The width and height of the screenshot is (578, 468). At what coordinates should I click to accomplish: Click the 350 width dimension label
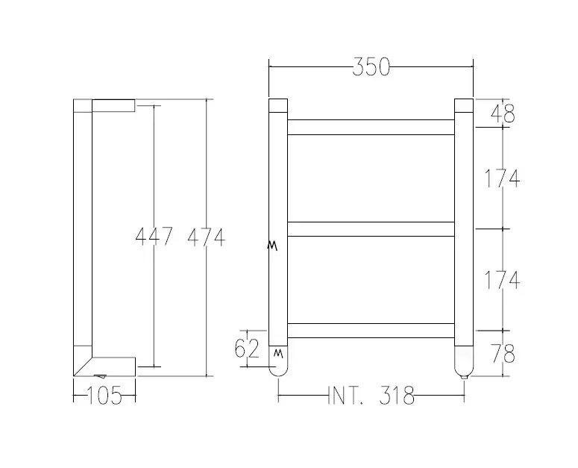pyautogui.click(x=371, y=66)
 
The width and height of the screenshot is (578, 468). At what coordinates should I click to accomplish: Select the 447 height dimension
pyautogui.click(x=154, y=237)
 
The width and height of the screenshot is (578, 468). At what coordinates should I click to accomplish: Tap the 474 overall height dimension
pyautogui.click(x=206, y=237)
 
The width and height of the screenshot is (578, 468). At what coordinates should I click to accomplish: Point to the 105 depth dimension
pyautogui.click(x=104, y=396)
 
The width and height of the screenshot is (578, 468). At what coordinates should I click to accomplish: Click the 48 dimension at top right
pyautogui.click(x=503, y=113)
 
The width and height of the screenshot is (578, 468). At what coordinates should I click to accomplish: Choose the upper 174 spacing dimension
pyautogui.click(x=502, y=178)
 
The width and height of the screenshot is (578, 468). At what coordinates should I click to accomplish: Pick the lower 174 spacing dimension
pyautogui.click(x=502, y=280)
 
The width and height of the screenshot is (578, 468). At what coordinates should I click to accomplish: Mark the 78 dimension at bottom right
pyautogui.click(x=503, y=354)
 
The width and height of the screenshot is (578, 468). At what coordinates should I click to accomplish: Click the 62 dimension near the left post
pyautogui.click(x=247, y=349)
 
